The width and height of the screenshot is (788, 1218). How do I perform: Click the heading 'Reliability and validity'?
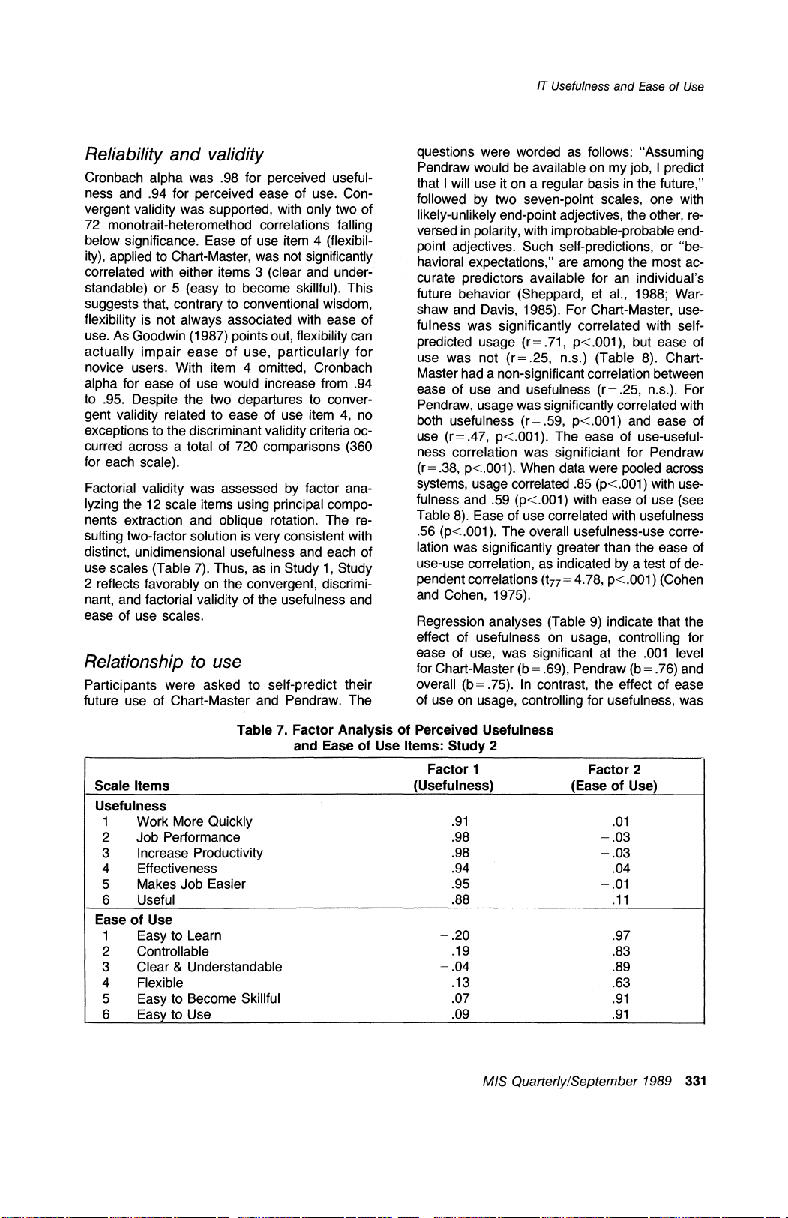pos(174,154)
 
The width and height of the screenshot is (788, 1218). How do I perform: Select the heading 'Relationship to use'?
pos(163,662)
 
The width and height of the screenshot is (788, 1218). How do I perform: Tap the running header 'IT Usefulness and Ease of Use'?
pos(620,87)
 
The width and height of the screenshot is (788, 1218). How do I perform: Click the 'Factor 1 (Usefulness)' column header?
pos(453,777)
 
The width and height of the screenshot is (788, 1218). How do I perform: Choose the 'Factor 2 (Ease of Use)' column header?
pos(613,777)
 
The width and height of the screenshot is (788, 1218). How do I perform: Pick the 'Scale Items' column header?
pos(132,786)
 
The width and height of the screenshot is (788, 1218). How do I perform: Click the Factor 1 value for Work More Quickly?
pos(461,822)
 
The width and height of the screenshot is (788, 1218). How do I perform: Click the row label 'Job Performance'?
pos(188,837)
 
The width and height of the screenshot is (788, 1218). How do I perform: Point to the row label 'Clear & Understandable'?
pos(209,967)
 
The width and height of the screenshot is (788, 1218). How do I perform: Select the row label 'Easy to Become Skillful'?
pos(208,998)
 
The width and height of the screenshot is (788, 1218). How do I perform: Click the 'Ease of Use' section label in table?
pos(133,920)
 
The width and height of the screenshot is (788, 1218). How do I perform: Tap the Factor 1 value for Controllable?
pos(461,951)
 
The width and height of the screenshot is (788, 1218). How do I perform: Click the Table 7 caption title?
pos(395,738)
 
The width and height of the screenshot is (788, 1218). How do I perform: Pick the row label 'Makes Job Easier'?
pos(191,884)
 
